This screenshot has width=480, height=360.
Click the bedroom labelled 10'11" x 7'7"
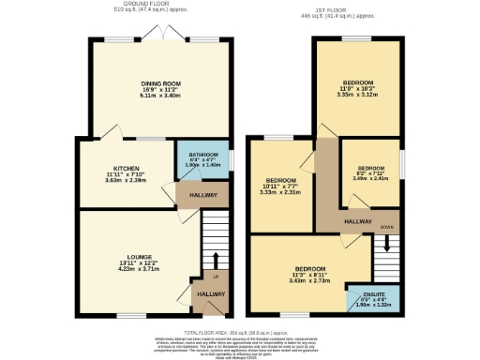pyautogui.click(x=281, y=180)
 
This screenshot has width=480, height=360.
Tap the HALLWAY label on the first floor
pyautogui.click(x=357, y=220)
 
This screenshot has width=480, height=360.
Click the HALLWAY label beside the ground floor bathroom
pyautogui.click(x=202, y=194)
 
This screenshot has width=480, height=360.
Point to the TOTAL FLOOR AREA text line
pyautogui.click(x=240, y=333)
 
